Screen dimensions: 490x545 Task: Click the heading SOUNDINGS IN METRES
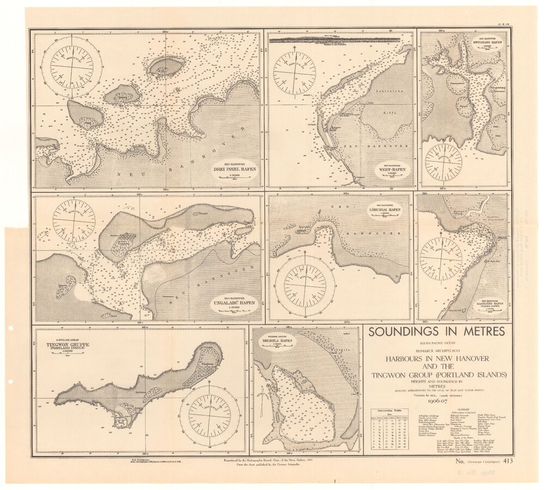(437, 331)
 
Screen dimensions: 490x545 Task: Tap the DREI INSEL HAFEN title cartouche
(235, 166)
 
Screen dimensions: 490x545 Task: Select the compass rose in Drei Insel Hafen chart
(72, 66)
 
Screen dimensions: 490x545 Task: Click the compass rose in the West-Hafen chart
(294, 73)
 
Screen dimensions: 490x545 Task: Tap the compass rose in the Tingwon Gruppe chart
(209, 416)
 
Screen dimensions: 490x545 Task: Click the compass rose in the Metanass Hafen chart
(443, 162)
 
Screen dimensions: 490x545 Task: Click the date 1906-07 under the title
(437, 401)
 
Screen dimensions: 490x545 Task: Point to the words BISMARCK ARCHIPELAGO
(437, 352)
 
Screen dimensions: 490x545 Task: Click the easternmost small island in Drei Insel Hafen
(166, 67)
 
